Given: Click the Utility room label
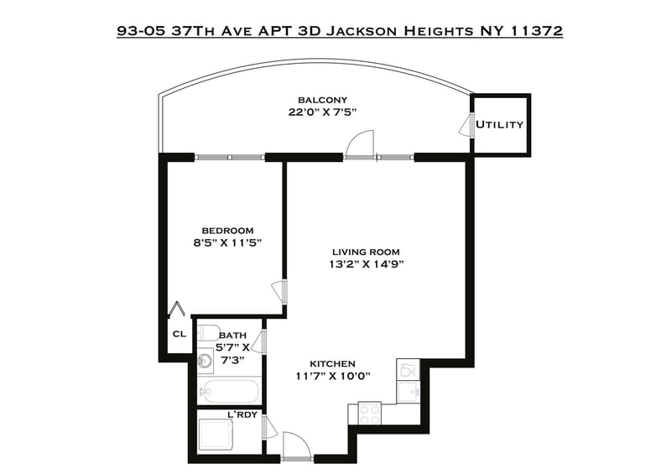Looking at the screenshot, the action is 499,125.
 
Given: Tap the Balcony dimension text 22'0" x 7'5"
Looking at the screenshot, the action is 322,112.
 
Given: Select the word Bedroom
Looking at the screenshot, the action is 227,231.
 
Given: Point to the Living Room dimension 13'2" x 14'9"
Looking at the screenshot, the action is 367,264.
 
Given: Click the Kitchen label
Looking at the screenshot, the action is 332,364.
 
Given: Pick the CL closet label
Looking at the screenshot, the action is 179,334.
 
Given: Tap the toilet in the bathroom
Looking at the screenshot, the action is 207,332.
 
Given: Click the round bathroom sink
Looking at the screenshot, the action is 206,361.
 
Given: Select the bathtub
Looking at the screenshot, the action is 229,390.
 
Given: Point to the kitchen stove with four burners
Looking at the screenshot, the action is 369,414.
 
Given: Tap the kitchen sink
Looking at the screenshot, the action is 408,392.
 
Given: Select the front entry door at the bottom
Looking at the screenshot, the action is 297,445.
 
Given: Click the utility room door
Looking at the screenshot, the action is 466,127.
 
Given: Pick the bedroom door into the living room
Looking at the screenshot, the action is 279,293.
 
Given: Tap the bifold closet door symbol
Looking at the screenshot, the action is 177,310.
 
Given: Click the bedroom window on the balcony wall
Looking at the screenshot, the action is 230,158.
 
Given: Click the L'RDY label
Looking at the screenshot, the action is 242,414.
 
